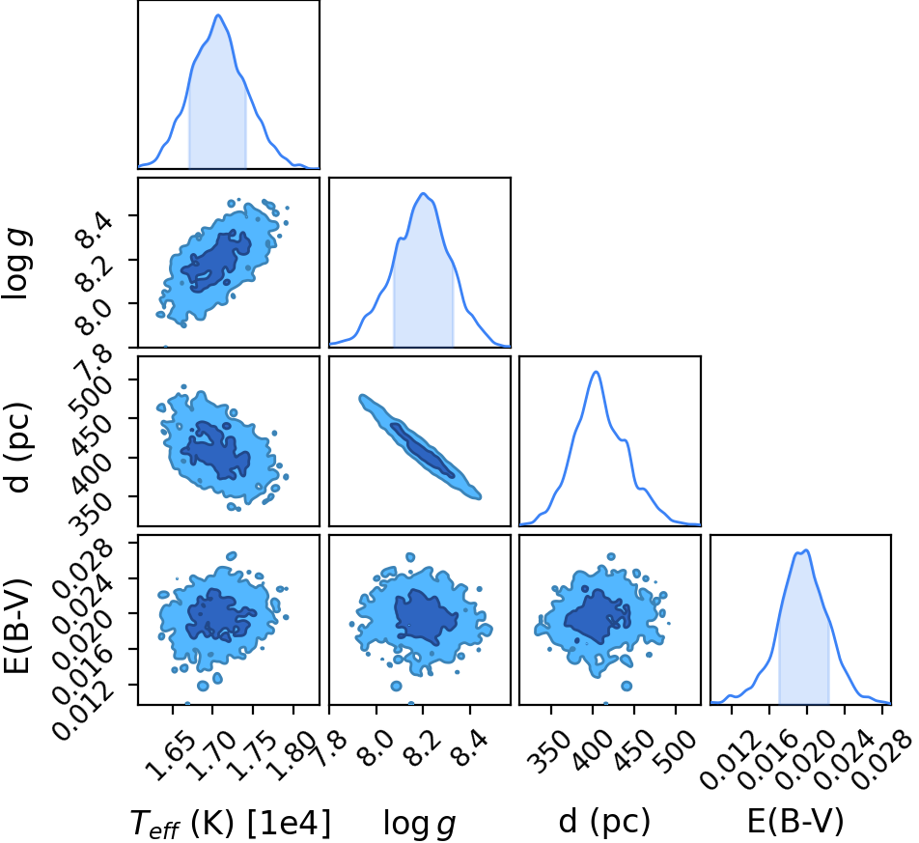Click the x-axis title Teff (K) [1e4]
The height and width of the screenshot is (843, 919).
click(230, 822)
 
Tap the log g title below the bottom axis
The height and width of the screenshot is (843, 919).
click(419, 824)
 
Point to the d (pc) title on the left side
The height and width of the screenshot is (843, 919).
click(17, 448)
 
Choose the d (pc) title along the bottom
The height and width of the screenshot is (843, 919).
click(604, 821)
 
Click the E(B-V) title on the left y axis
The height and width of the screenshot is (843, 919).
click(17, 626)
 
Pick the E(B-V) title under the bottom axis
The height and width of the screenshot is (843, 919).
click(795, 821)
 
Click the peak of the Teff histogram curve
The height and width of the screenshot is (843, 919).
click(218, 14)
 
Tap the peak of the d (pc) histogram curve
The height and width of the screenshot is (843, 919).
click(596, 372)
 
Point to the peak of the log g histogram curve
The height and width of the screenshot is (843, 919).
click(422, 193)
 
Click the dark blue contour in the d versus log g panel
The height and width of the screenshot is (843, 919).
click(422, 449)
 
